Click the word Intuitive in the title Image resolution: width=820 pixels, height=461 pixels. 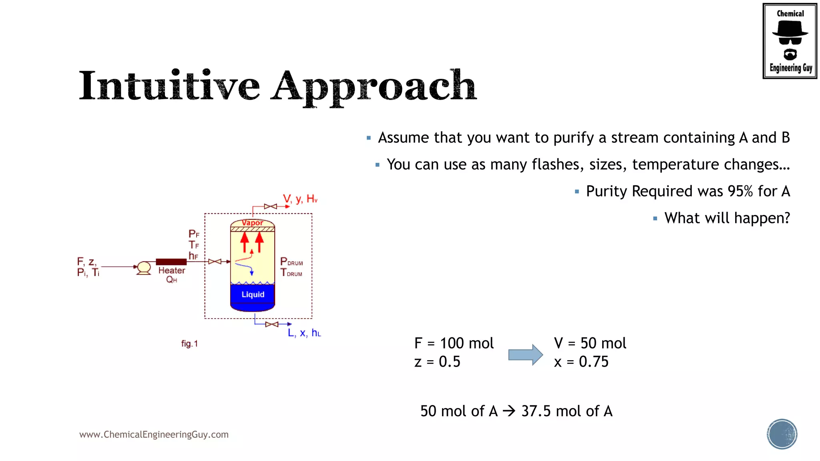(169, 86)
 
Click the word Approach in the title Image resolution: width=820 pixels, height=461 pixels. (373, 87)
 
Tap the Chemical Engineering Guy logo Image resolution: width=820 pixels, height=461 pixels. (790, 41)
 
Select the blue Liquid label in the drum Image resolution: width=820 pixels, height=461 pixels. (253, 295)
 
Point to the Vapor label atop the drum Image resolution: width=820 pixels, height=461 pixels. (253, 223)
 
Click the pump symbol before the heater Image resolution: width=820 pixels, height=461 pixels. (144, 267)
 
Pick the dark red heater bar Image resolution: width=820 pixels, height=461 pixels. (171, 262)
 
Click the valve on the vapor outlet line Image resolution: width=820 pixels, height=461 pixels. (270, 206)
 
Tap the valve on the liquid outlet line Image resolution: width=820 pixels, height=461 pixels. (271, 324)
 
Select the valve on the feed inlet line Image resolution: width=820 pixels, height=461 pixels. (215, 262)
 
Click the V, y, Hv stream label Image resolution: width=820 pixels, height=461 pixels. (300, 199)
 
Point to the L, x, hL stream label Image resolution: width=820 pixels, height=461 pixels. (304, 333)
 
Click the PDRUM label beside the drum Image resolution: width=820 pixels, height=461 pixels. (291, 262)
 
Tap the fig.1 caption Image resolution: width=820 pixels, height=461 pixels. (189, 344)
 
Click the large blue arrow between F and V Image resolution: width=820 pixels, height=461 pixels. (525, 355)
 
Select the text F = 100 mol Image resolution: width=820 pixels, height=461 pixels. (454, 343)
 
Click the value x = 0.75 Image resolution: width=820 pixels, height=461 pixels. (581, 362)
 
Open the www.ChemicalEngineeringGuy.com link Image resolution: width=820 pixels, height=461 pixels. (154, 435)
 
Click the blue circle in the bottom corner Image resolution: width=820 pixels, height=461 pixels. (782, 434)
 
